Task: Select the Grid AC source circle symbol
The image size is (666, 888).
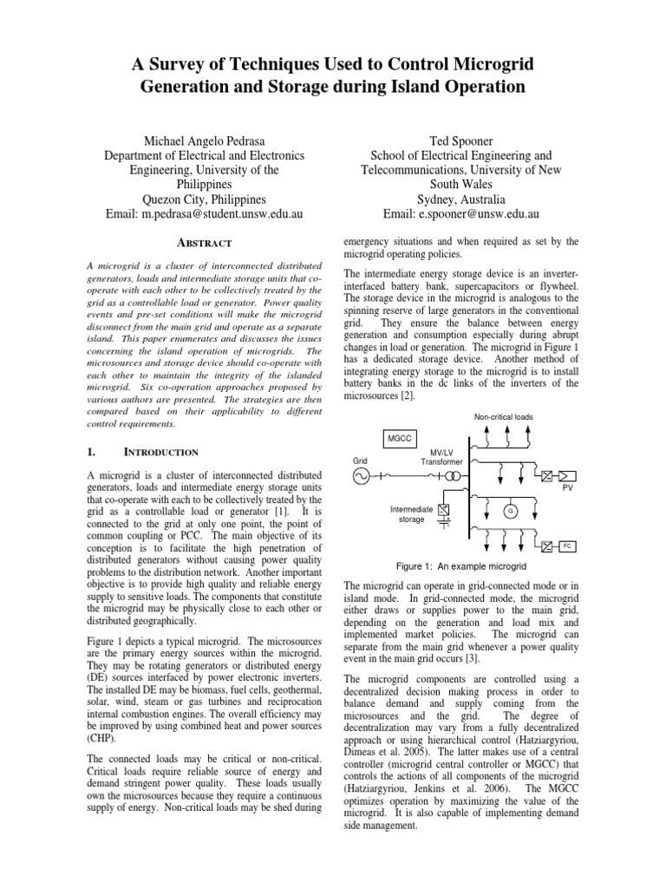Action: [x=360, y=475]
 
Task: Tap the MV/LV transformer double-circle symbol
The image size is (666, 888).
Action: [x=448, y=475]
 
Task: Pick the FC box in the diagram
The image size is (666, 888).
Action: [x=567, y=546]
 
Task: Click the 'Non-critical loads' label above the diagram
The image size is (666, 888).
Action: [x=503, y=417]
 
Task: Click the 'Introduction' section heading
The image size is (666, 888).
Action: [x=162, y=452]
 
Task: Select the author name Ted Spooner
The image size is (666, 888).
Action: [x=461, y=140]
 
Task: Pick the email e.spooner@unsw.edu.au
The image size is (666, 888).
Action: [x=461, y=213]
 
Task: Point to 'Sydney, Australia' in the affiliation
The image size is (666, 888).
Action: [x=461, y=199]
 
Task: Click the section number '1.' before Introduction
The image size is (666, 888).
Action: [x=95, y=452]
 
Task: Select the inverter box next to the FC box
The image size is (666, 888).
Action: [x=546, y=546]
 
